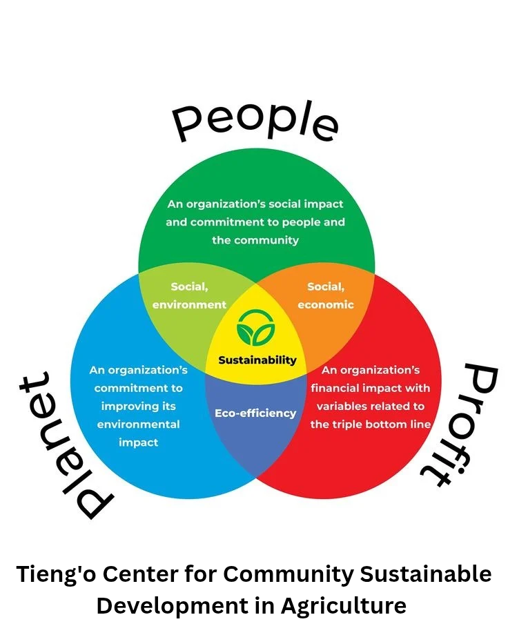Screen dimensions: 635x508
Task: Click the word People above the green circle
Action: coord(255,123)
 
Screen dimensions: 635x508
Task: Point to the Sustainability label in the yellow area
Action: coord(257,360)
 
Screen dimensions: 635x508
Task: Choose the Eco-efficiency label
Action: coord(255,413)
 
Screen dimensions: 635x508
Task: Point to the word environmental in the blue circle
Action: coord(138,424)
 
